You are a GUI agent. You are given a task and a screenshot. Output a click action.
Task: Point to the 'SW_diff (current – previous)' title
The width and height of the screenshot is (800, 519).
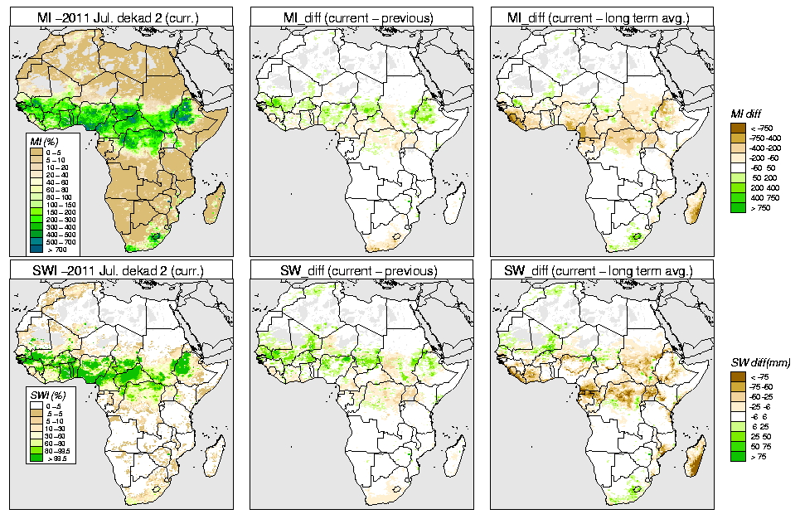(361, 270)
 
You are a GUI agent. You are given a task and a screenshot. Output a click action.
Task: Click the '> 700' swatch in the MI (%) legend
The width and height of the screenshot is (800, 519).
(36, 248)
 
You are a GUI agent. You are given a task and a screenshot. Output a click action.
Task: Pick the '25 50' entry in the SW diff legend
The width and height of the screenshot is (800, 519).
(761, 435)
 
